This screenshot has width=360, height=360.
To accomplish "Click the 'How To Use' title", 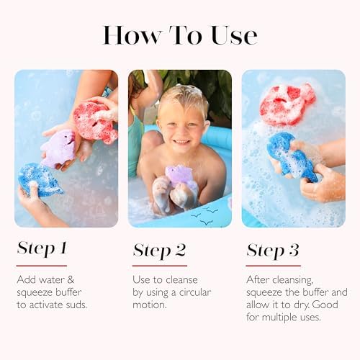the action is pos(180,35).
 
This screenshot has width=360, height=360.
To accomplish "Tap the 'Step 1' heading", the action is pos(42,249).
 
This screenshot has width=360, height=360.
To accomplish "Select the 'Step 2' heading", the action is pos(159,251).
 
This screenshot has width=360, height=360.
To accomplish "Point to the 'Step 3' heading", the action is pos(273,251).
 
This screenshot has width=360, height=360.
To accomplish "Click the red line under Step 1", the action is pos(42,266).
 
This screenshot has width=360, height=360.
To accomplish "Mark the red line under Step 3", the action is pos(274,266).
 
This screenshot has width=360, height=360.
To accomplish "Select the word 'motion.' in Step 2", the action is pos(150,305).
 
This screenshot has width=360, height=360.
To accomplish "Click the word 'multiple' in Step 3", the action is pos(279,318).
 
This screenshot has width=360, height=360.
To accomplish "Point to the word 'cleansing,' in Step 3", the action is pos(293,280).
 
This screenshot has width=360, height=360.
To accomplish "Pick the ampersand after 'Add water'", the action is pos(71,279).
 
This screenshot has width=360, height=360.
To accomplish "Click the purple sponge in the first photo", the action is pos(58,149).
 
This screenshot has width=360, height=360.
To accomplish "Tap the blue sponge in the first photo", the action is pos(40,179).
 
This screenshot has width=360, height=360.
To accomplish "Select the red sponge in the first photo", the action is pos(94,122).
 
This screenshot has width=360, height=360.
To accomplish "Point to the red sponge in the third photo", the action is pos(287,104).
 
